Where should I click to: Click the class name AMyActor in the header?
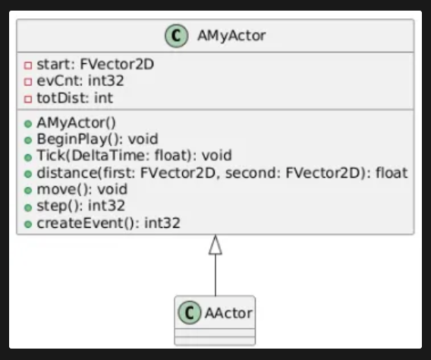click(231, 36)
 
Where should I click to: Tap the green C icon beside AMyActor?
click(177, 36)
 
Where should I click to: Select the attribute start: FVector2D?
click(95, 65)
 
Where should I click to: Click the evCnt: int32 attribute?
click(80, 81)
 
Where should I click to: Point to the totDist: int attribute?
click(75, 98)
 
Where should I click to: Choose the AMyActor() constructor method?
click(76, 123)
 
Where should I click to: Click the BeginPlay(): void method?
click(97, 139)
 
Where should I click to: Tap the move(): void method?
click(82, 189)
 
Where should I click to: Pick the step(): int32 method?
click(80, 206)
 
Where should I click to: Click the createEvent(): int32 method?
click(109, 223)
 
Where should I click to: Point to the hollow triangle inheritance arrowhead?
click(215, 245)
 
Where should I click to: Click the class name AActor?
click(228, 313)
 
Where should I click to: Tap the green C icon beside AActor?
click(190, 313)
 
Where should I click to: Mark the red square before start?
click(28, 65)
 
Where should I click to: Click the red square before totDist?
click(28, 99)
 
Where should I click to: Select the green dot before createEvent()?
click(28, 224)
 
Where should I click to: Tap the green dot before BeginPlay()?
click(28, 141)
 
